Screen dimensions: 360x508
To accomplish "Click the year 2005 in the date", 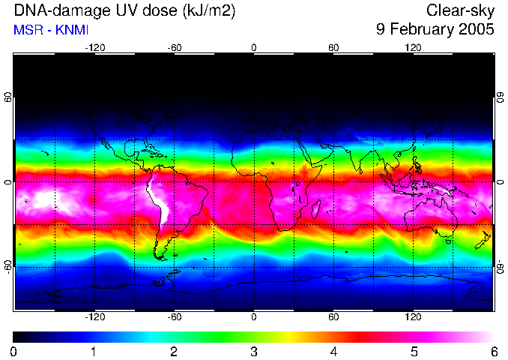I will tap(477, 30).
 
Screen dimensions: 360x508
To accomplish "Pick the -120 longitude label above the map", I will tap(94, 47).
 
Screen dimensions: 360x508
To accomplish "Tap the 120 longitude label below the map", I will tap(413, 317).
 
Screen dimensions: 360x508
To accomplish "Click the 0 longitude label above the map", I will tap(254, 47).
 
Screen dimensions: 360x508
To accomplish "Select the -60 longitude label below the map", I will tap(174, 317).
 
